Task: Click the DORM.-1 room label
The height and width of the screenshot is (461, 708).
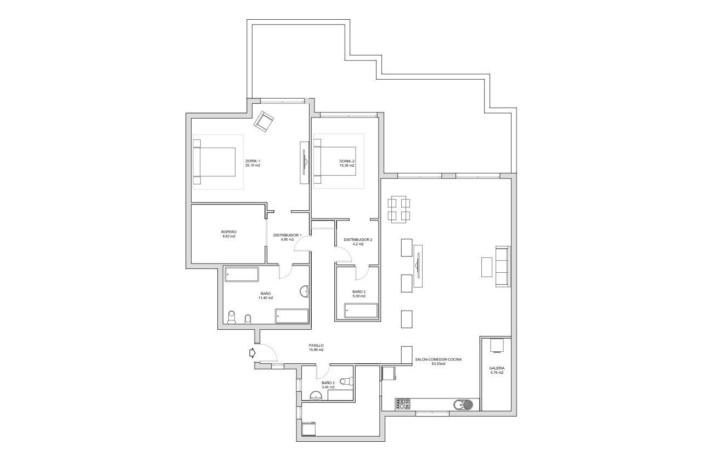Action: pos(253,161)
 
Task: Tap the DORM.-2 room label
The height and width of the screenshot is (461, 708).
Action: pos(347,161)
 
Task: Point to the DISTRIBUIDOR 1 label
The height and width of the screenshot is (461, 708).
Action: pos(288,235)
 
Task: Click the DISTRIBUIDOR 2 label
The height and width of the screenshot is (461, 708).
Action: pos(358,239)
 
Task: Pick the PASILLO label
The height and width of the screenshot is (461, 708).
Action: pos(316,346)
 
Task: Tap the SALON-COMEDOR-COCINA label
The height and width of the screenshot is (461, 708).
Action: pos(438,359)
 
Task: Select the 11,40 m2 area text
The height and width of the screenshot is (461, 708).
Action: pos(266,297)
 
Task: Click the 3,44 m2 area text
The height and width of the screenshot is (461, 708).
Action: pos(328,387)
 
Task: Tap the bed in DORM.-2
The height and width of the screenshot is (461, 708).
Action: pos(334,161)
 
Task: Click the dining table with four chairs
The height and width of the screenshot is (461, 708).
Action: pos(399,209)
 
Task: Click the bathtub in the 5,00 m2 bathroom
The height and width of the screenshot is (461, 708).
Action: pos(361,312)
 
